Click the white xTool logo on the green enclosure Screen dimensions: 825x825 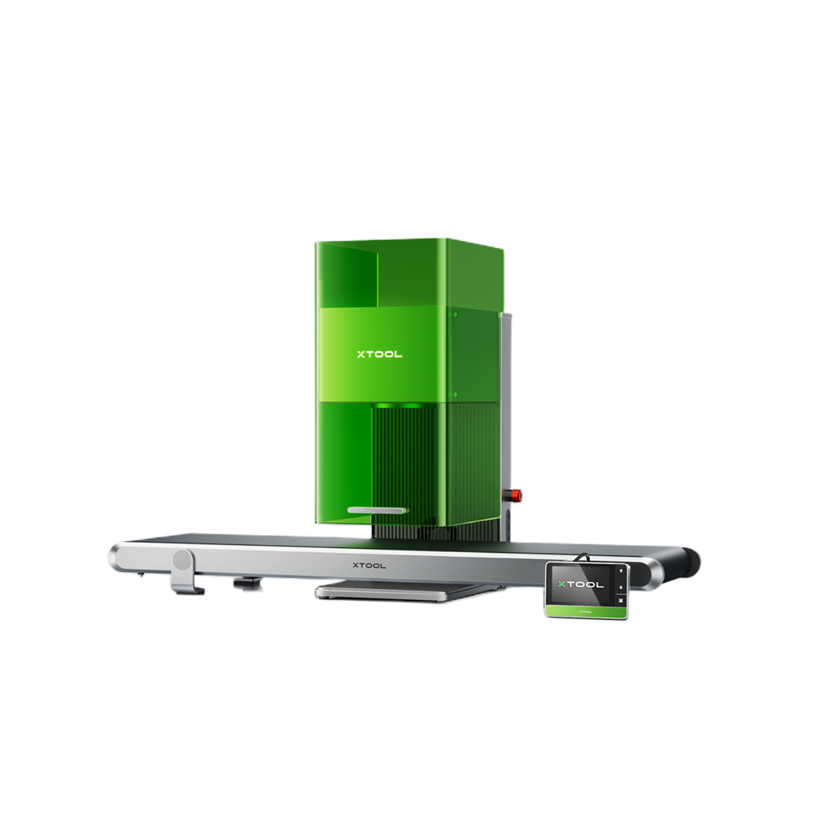coord(379,354)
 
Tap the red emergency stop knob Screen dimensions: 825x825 coord(514,494)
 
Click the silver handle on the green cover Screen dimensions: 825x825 coord(377,510)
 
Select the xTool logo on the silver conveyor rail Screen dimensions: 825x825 coord(369,566)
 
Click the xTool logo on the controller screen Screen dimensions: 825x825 coord(581,584)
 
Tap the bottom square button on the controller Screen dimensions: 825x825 coord(621,601)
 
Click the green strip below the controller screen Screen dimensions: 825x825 coord(586,611)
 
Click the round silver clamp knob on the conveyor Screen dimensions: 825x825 coord(183,560)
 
